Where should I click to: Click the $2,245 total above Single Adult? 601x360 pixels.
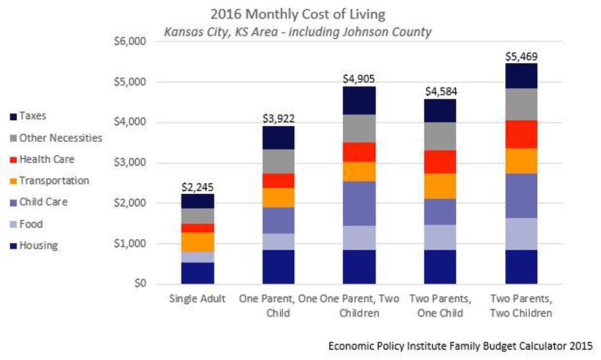[197, 187]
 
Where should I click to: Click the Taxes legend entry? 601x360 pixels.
[34, 116]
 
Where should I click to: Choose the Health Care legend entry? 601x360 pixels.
[47, 159]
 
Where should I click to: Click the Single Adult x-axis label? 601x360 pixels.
[197, 299]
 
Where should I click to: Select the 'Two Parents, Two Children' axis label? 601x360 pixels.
[521, 305]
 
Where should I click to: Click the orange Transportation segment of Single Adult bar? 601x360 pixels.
[197, 242]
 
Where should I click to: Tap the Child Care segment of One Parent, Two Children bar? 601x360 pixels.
[359, 204]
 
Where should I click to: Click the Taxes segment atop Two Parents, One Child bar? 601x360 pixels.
[440, 110]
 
